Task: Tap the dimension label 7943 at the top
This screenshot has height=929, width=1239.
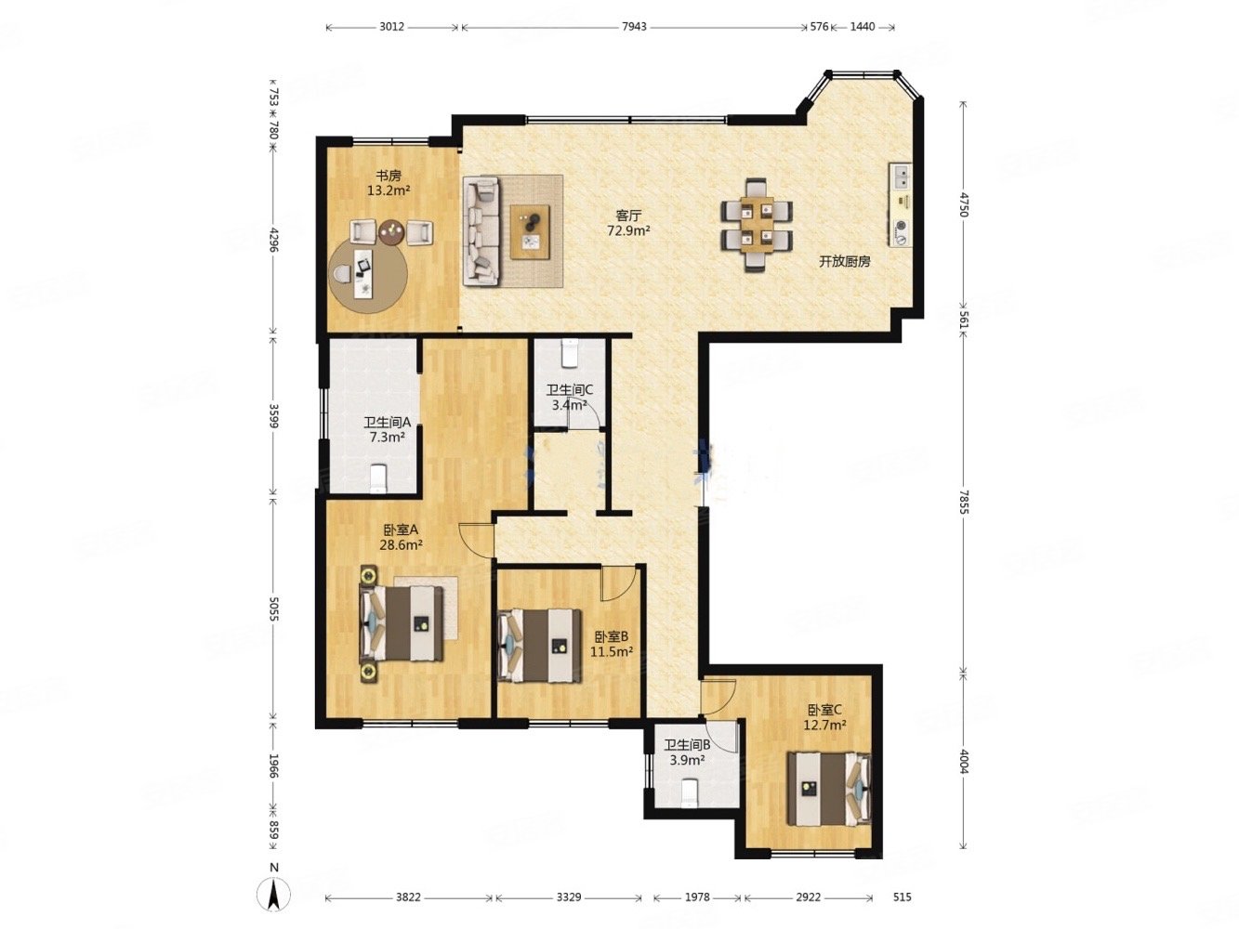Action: (x=634, y=27)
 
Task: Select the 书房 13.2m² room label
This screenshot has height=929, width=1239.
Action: (x=389, y=183)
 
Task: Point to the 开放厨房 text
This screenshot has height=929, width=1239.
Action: (x=845, y=262)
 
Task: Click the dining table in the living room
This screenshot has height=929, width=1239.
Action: (x=757, y=225)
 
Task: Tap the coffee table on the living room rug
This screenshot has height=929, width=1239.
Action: (x=530, y=232)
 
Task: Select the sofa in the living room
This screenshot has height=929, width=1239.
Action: (x=481, y=230)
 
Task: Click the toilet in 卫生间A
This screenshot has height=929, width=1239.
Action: (x=377, y=478)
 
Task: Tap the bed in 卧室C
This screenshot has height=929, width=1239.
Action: (x=829, y=789)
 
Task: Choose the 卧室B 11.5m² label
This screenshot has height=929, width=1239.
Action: (x=612, y=645)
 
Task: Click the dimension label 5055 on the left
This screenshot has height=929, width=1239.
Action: (x=274, y=609)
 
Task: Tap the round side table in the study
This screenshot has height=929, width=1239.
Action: (x=391, y=232)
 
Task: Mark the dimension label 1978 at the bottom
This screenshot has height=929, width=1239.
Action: (x=696, y=896)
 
